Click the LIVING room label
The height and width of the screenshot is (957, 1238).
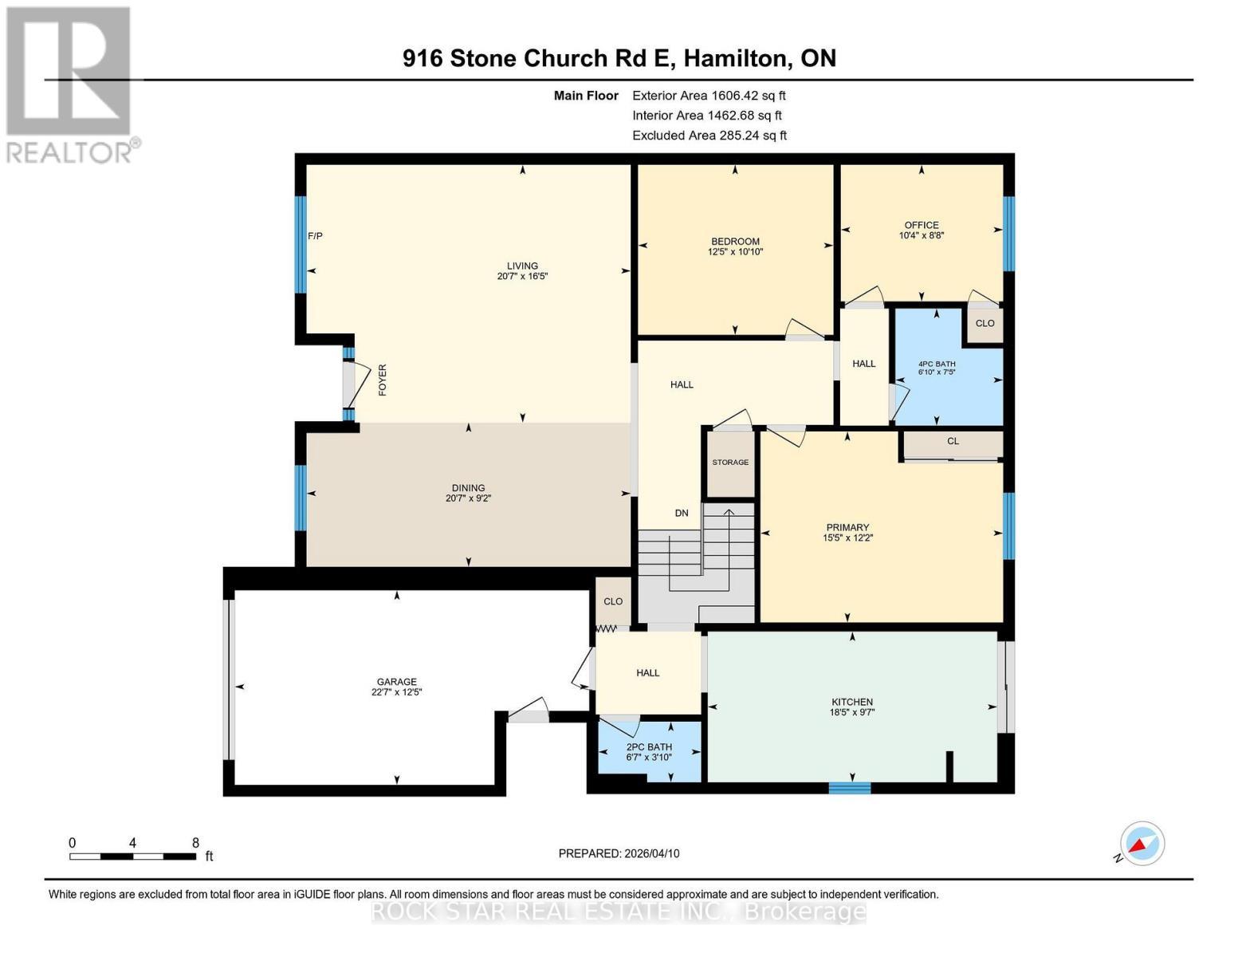(x=522, y=266)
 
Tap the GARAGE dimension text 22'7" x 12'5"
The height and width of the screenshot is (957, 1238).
(x=396, y=692)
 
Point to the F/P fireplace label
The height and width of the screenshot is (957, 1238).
(x=315, y=236)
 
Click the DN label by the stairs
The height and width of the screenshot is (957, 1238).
(x=682, y=513)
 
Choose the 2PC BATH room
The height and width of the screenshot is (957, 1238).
(x=649, y=752)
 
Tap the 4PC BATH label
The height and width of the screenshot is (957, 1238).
(x=937, y=364)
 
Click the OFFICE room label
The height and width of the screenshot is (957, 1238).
(x=922, y=225)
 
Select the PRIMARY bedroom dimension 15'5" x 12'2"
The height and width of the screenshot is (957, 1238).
(x=847, y=538)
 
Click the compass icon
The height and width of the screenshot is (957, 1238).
(x=1142, y=844)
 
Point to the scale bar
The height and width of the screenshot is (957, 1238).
(x=133, y=856)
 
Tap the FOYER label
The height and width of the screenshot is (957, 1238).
(x=383, y=380)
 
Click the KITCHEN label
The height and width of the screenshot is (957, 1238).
(x=851, y=703)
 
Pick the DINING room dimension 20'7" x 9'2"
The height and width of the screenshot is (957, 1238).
(x=468, y=498)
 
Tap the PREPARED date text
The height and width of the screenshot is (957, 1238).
(x=619, y=853)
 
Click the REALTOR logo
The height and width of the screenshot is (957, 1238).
(x=71, y=85)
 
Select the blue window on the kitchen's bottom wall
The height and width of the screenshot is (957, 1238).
(x=850, y=788)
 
